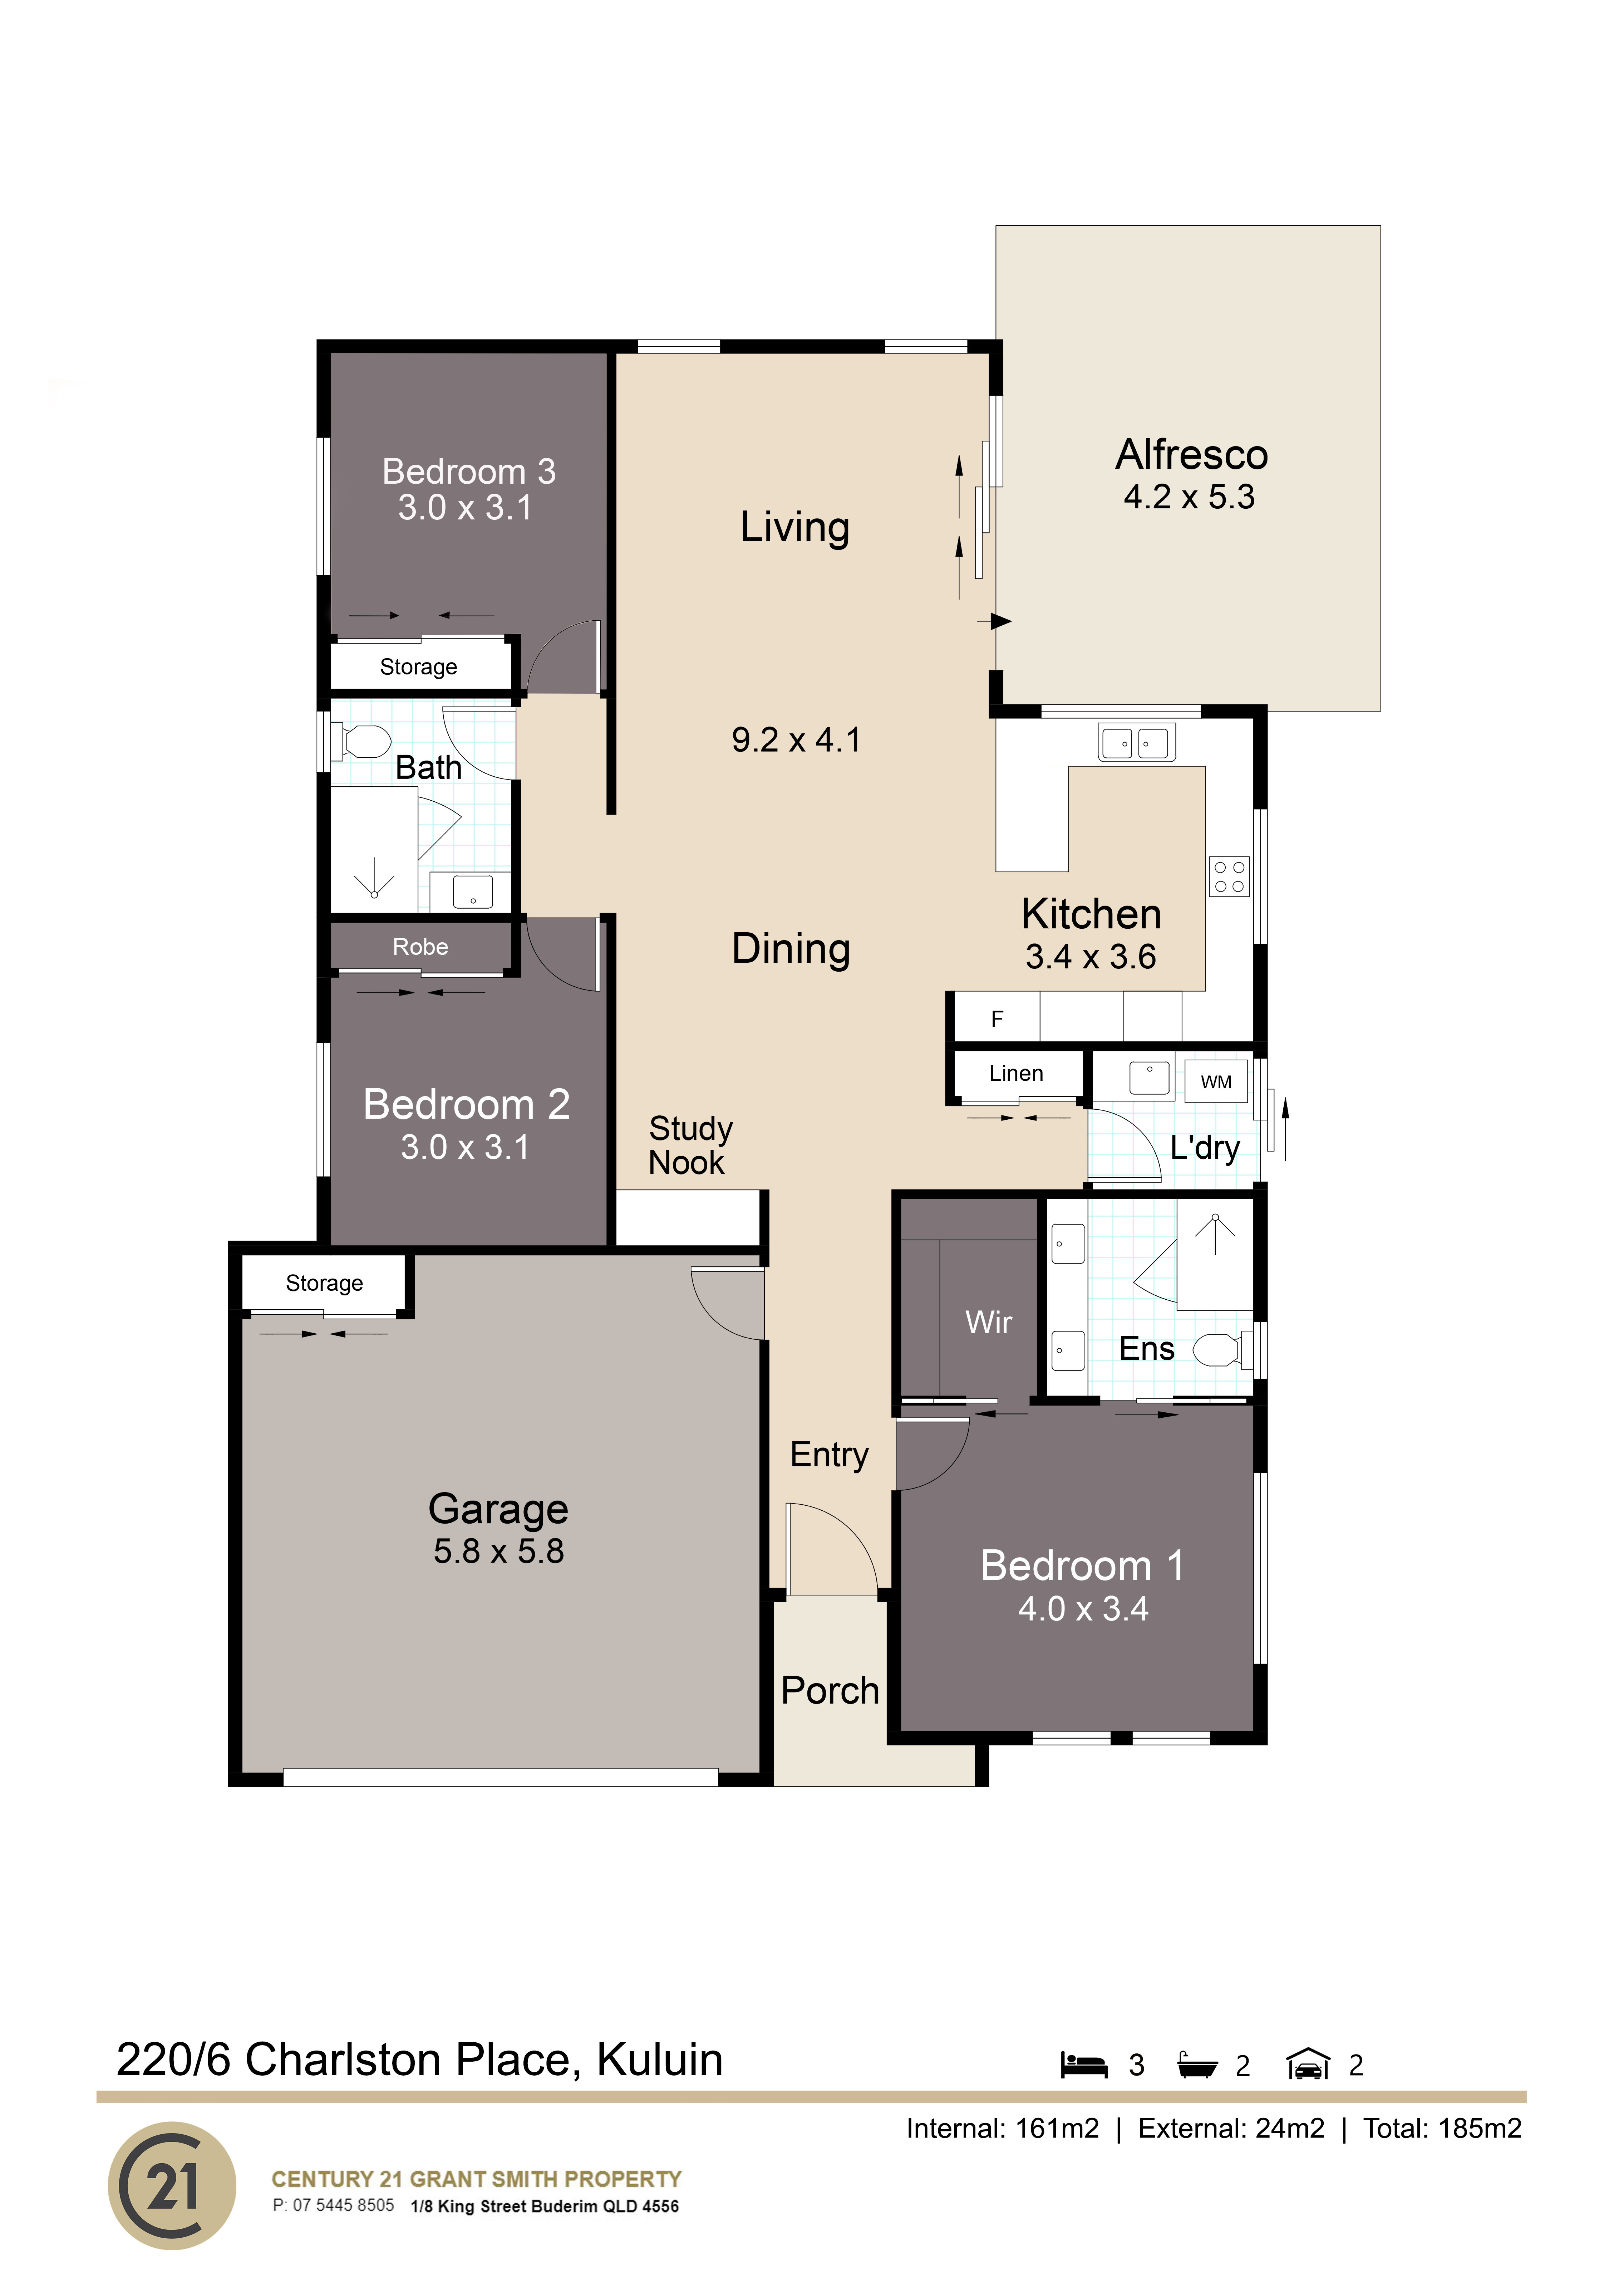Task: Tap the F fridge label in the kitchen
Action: [x=997, y=1018]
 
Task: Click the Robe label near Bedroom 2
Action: [x=420, y=947]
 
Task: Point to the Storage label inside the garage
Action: [x=324, y=1283]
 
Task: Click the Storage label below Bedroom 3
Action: [x=418, y=666]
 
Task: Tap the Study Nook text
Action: [x=690, y=1145]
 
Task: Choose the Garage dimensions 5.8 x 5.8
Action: [x=499, y=1551]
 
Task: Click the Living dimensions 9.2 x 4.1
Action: [x=796, y=740]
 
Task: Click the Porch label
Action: [x=830, y=1691]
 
